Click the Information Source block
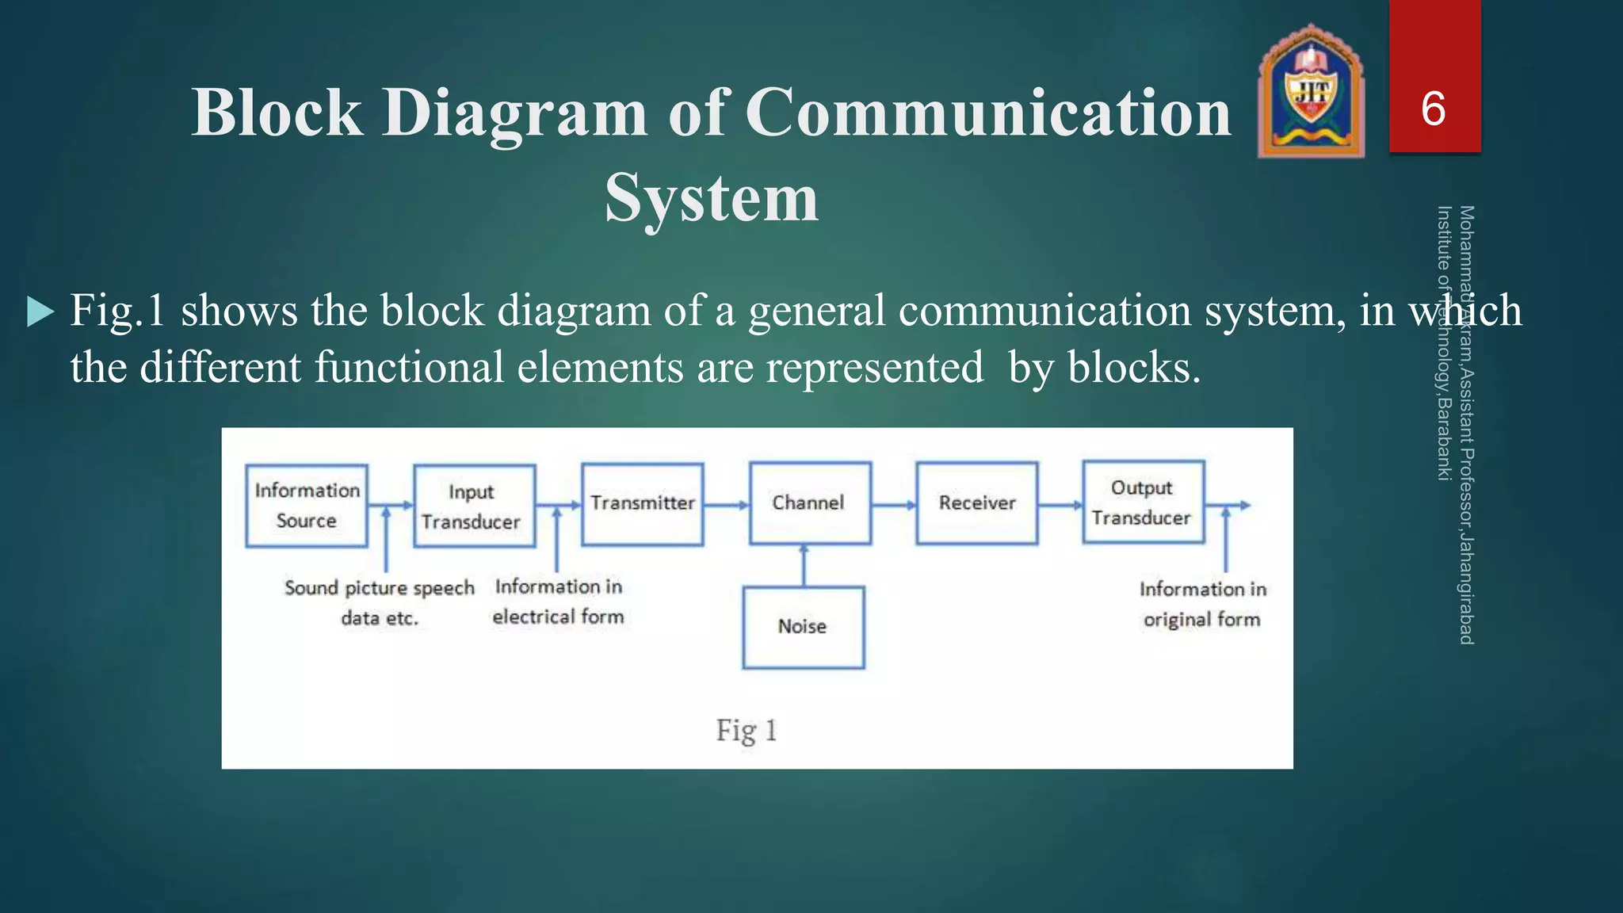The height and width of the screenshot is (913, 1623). (307, 506)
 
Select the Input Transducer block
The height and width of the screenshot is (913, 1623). (474, 506)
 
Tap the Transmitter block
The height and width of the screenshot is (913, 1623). (642, 504)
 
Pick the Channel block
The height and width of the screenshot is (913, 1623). (810, 503)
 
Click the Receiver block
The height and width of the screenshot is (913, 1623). (976, 503)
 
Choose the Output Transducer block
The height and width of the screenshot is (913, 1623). (1143, 502)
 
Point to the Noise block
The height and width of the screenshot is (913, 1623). (803, 627)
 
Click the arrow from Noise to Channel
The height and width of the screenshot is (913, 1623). (804, 564)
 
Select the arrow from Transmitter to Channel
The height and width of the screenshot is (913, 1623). (726, 505)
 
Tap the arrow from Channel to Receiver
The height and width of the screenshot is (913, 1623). (894, 505)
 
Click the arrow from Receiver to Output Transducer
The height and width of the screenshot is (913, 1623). (1060, 505)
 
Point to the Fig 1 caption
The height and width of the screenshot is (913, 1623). (747, 730)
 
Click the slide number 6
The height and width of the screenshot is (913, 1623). (1434, 109)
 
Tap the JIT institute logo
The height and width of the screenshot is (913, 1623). (1311, 91)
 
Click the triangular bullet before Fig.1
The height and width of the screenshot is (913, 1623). (40, 311)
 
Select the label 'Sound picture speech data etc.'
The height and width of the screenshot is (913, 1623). (380, 602)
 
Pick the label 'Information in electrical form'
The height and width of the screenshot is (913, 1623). (559, 602)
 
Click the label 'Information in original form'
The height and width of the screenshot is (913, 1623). (1202, 604)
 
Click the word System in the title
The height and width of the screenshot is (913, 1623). (711, 198)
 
